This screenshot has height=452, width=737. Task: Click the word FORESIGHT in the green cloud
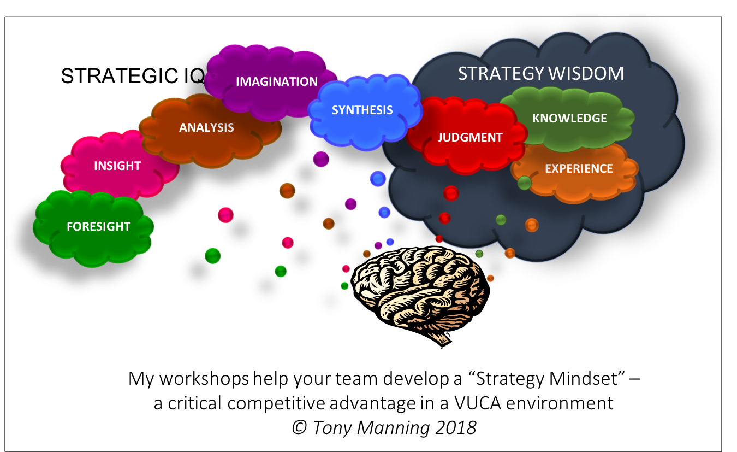click(98, 226)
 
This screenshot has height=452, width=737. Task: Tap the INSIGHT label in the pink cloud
click(117, 166)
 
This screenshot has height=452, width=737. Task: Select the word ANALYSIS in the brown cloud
click(206, 127)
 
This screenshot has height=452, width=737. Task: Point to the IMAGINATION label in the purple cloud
click(276, 81)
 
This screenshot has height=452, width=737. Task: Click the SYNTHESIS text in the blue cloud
click(362, 110)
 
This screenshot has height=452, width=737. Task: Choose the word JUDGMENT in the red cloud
click(469, 137)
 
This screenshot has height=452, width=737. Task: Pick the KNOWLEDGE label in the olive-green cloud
click(569, 118)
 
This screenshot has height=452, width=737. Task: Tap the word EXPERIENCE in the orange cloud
click(579, 168)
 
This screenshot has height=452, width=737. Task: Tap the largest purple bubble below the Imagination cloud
click(321, 159)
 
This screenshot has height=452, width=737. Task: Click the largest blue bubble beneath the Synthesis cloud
click(378, 179)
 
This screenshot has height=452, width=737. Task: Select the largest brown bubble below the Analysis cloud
click(287, 191)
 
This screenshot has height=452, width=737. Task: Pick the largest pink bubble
click(225, 215)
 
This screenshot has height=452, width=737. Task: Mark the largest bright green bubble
click(213, 255)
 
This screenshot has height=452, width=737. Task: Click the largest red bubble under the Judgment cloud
click(451, 193)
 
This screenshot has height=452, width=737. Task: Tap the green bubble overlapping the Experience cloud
click(524, 183)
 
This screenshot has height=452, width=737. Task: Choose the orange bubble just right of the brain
click(490, 278)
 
